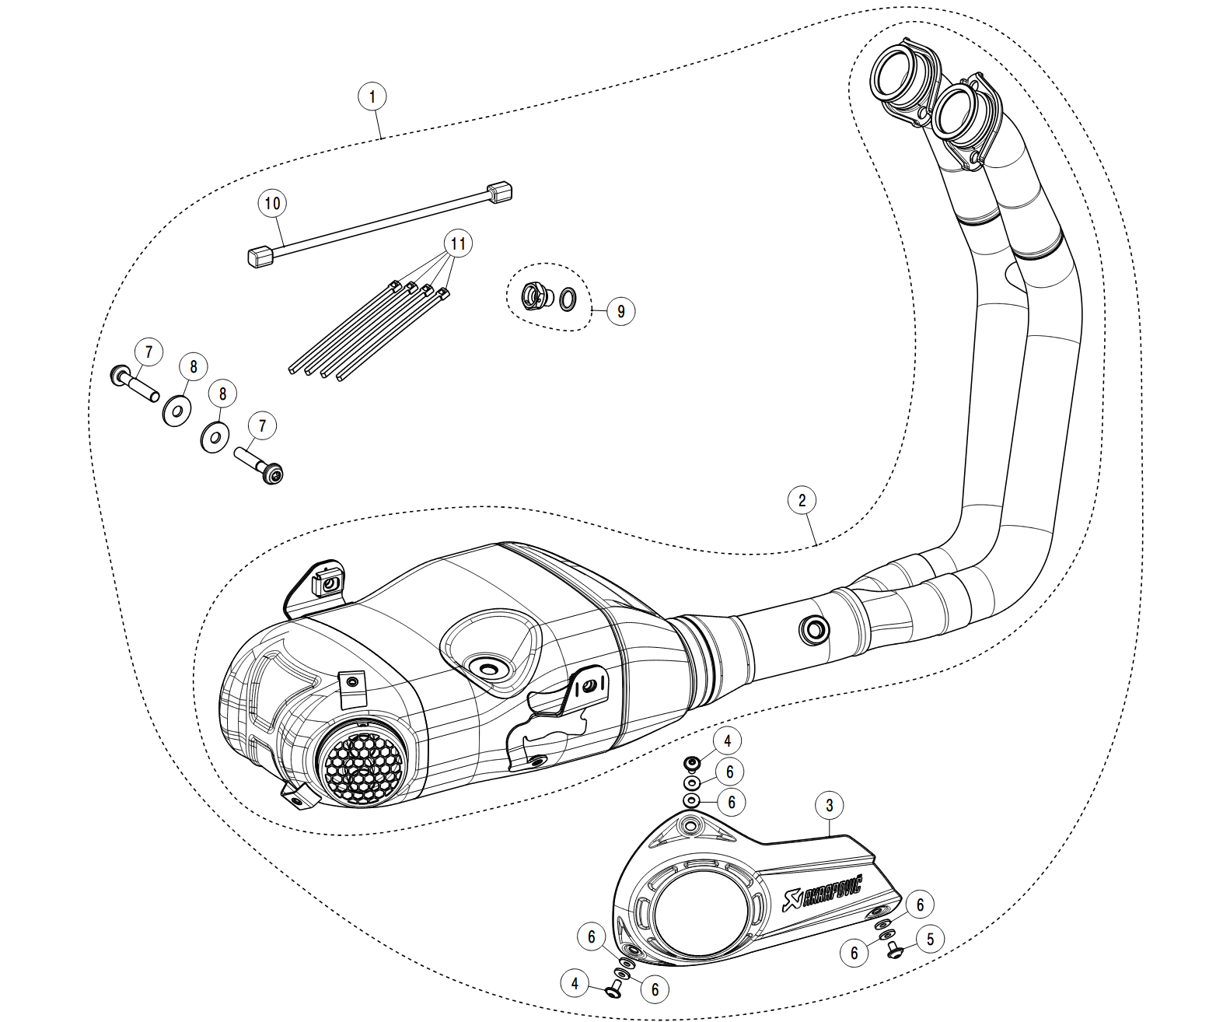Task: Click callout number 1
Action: [372, 97]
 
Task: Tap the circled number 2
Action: [802, 499]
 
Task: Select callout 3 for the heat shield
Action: [830, 805]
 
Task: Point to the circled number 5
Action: [930, 939]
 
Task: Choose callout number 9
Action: [620, 312]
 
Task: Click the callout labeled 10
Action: [272, 204]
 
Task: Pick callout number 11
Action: [459, 244]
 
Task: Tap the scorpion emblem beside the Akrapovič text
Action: [791, 903]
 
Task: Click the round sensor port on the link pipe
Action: [815, 630]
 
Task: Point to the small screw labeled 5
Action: [895, 949]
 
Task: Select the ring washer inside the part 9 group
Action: [568, 296]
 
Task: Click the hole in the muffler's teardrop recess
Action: [489, 667]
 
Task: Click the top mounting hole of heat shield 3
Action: [688, 824]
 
